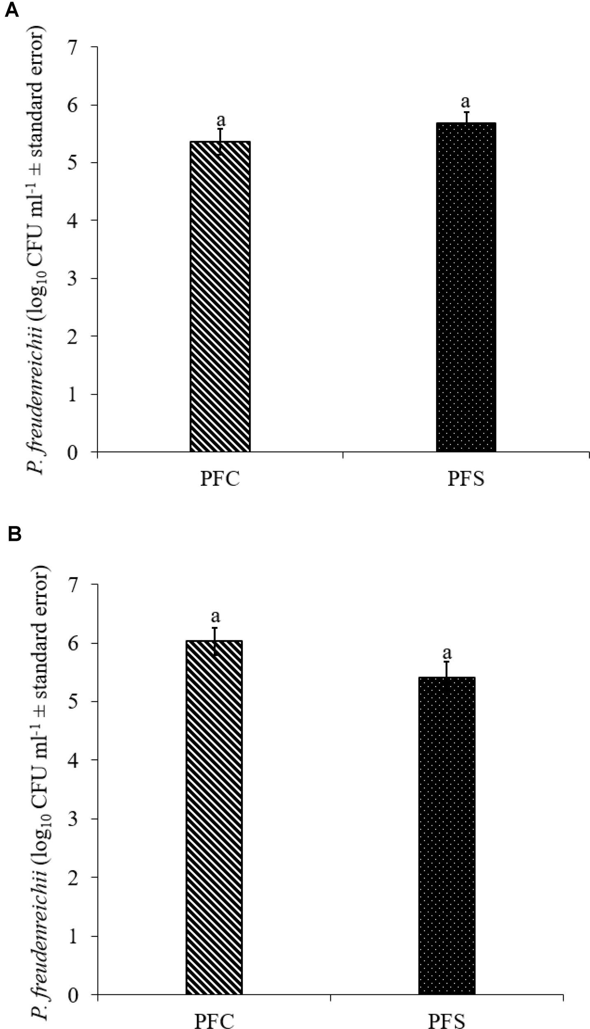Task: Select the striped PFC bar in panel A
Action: (x=220, y=296)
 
